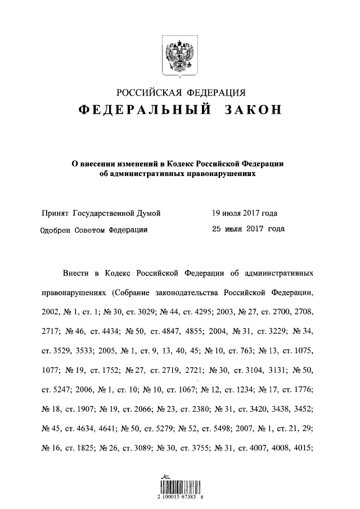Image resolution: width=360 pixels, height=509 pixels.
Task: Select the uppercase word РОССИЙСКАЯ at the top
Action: [145, 92]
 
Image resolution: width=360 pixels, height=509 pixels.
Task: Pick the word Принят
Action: [55, 214]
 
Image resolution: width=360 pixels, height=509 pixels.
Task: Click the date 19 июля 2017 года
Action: [245, 214]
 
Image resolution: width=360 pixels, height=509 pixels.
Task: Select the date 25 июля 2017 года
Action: [248, 229]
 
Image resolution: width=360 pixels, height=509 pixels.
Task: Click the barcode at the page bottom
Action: [180, 485]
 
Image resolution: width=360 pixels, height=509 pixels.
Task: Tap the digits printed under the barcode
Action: [180, 498]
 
